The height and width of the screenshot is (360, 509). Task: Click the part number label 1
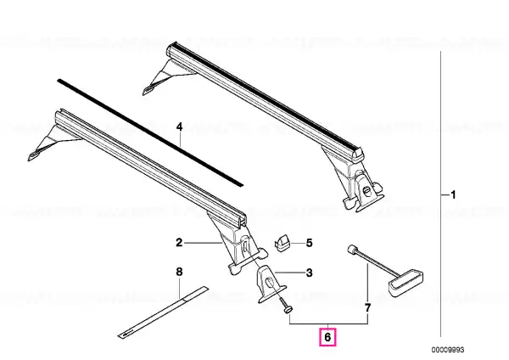(x=454, y=194)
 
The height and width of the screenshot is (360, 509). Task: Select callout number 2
(x=179, y=242)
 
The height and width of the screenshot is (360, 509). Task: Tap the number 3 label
(x=310, y=273)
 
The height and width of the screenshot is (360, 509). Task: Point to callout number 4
(x=180, y=127)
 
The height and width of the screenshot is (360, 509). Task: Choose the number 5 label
(x=309, y=243)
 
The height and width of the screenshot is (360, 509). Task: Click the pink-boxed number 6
(x=327, y=337)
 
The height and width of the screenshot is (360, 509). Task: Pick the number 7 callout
(x=367, y=307)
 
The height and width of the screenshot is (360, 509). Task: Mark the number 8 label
(x=179, y=272)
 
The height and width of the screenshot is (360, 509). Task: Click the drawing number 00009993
(x=448, y=350)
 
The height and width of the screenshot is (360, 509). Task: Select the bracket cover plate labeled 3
(x=271, y=284)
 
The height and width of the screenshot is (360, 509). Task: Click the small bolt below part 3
(x=285, y=307)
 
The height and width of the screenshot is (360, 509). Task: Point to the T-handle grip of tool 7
(x=406, y=283)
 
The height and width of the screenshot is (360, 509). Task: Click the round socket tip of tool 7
(x=352, y=250)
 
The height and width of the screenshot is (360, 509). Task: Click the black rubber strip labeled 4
(x=150, y=132)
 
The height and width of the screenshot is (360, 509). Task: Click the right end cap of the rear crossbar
(x=357, y=154)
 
